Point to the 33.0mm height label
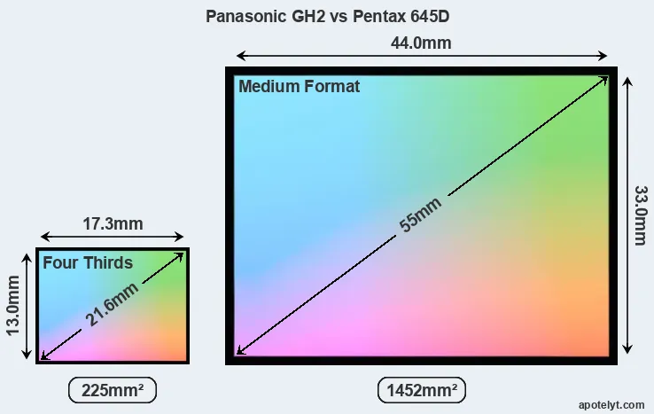[639, 215]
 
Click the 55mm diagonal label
[420, 214]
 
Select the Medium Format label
[300, 87]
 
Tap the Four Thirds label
[88, 262]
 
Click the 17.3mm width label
[112, 224]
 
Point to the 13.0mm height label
[14, 304]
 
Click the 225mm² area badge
[112, 389]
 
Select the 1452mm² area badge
[422, 389]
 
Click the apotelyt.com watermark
[611, 403]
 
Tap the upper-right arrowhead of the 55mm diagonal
[605, 79]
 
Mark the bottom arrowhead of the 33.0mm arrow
[627, 351]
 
